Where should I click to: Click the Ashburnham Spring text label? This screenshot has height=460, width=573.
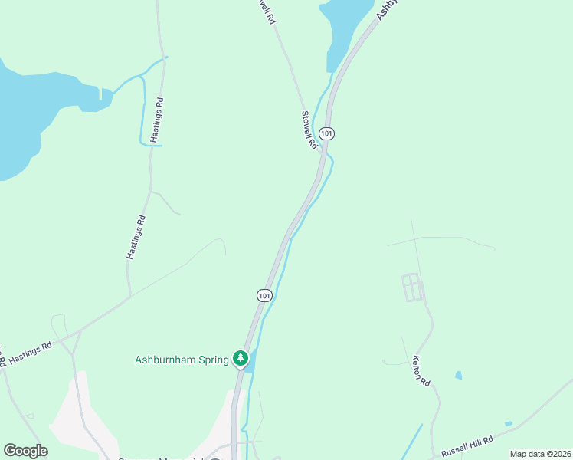(x=181, y=358)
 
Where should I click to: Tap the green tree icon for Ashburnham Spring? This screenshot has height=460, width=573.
(x=241, y=358)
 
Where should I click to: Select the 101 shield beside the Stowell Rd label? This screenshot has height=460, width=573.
(x=327, y=133)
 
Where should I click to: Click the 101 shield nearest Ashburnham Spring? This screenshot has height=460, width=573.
(x=264, y=295)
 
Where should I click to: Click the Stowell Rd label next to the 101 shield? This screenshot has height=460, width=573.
(x=309, y=130)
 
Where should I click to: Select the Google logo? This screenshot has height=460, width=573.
(x=25, y=450)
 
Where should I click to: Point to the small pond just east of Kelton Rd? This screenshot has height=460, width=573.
(x=458, y=376)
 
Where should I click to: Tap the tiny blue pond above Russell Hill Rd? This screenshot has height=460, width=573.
(x=509, y=423)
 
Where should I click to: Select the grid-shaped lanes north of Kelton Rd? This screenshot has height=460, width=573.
(x=412, y=287)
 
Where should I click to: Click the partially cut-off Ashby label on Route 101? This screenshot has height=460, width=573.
(x=388, y=9)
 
